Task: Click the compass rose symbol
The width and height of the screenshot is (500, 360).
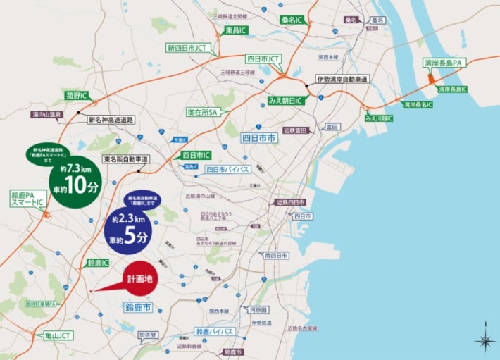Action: [x=485, y=342]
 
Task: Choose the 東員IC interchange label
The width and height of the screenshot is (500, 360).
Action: [x=236, y=31]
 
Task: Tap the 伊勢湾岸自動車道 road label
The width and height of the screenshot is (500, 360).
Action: [x=342, y=79]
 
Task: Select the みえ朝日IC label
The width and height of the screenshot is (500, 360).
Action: [x=285, y=101]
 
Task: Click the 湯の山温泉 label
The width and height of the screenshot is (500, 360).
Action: [x=47, y=114]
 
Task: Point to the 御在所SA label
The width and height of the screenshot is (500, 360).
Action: [x=203, y=112]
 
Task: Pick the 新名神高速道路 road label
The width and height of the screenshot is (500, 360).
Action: [x=111, y=120]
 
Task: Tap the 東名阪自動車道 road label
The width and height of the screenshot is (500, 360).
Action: [x=125, y=159]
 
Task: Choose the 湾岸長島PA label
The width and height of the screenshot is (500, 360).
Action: [x=442, y=63]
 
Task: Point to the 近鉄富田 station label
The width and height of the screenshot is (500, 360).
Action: [x=297, y=130]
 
